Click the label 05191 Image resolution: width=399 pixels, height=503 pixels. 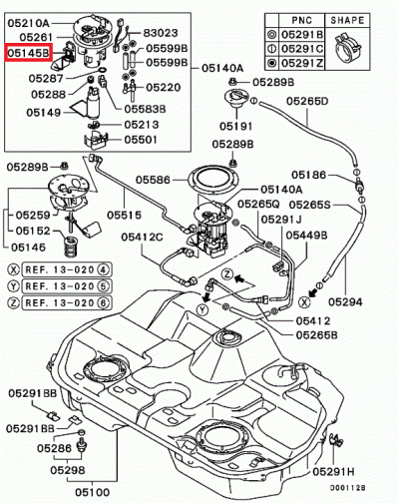[236, 127]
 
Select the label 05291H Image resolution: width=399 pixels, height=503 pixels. [336, 472]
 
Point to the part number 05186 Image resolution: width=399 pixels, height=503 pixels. [310, 175]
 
